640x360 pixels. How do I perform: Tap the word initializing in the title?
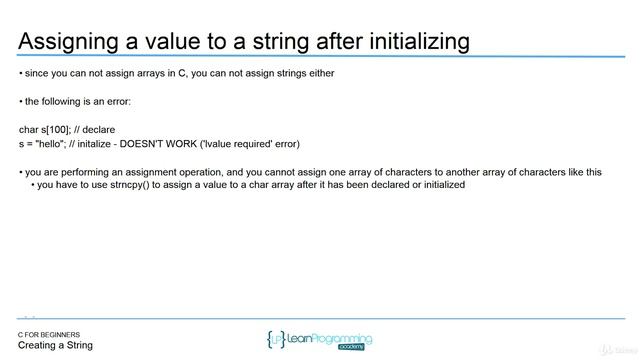click(x=410, y=41)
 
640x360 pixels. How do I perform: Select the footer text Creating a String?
click(x=55, y=346)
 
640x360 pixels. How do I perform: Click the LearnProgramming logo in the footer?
click(x=320, y=340)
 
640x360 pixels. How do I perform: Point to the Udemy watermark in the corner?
click(x=617, y=350)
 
